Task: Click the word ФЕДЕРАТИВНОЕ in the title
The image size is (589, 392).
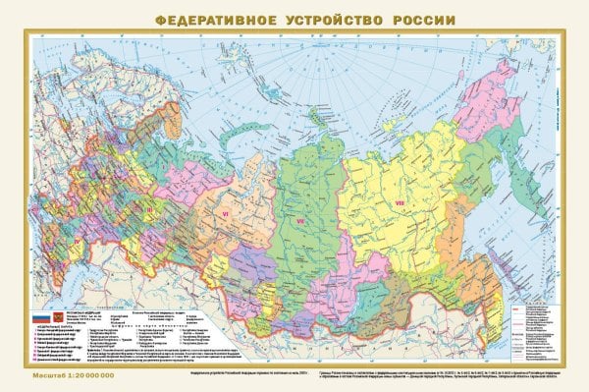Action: [217, 20]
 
